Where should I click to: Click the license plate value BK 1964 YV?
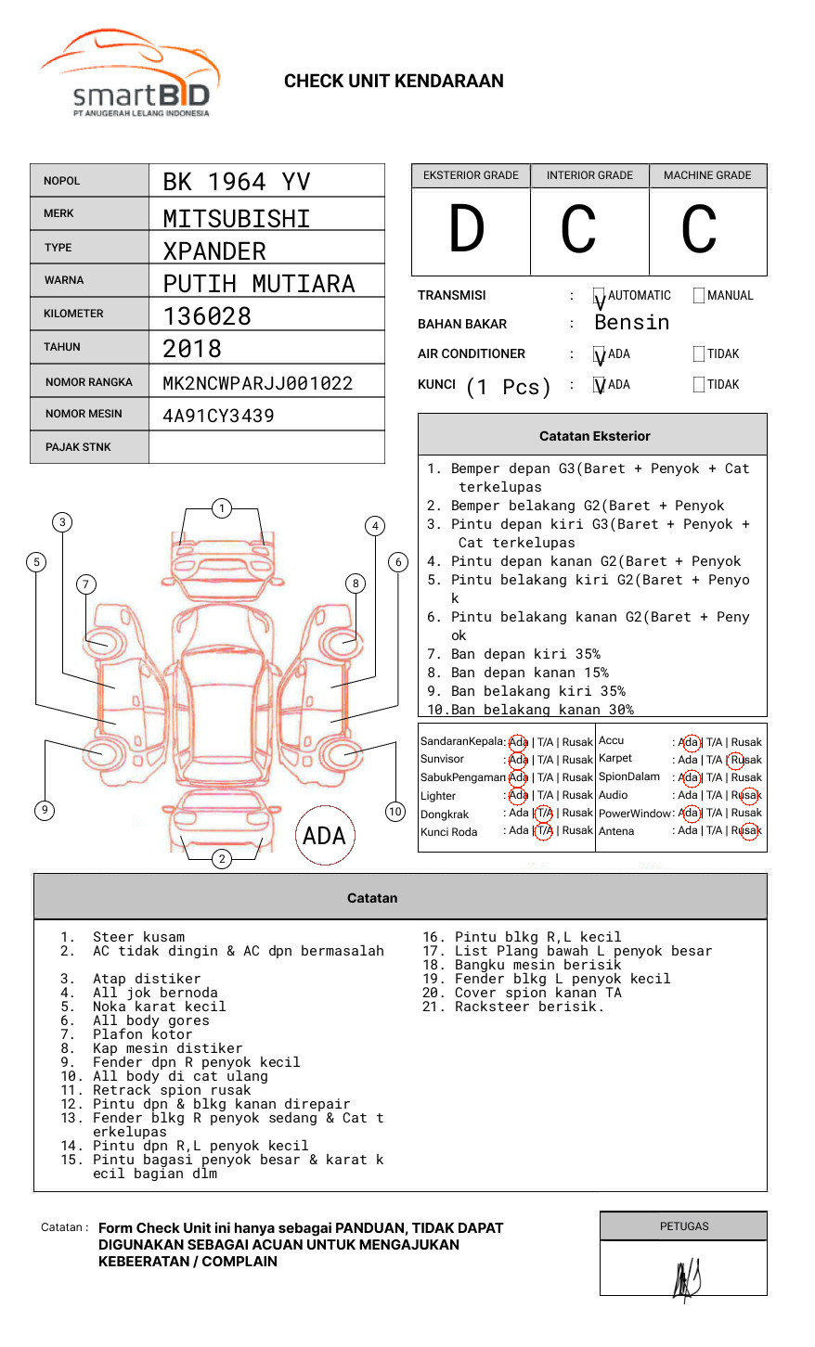click(237, 182)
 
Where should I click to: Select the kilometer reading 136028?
click(207, 316)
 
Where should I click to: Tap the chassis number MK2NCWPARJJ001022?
click(257, 383)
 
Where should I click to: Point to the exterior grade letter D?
click(467, 229)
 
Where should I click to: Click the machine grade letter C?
click(699, 229)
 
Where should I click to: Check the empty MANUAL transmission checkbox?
click(699, 296)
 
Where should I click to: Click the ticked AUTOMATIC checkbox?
click(599, 296)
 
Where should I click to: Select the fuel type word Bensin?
click(631, 323)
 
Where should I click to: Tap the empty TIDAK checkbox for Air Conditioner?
click(699, 354)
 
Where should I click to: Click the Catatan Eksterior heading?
click(594, 436)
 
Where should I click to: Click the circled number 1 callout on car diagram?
click(222, 508)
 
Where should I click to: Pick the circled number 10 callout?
click(395, 812)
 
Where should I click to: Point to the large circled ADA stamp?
click(324, 836)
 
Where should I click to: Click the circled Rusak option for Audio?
click(747, 795)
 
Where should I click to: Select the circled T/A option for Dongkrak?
click(544, 813)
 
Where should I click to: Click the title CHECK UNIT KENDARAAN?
click(394, 82)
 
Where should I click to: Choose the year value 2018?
click(192, 349)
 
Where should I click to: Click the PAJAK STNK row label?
click(78, 447)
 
